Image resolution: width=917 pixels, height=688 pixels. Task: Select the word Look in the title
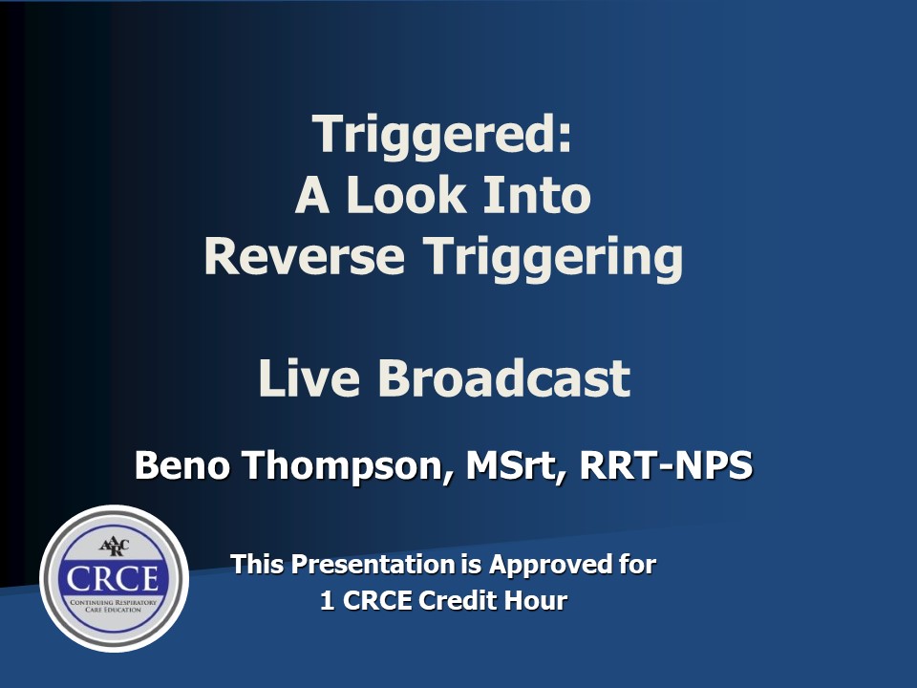406,194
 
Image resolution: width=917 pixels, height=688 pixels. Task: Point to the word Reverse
304,256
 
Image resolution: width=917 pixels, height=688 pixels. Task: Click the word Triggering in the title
553,259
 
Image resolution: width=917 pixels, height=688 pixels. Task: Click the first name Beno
182,465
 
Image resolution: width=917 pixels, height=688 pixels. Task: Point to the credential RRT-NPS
666,465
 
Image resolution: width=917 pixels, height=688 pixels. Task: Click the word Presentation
373,564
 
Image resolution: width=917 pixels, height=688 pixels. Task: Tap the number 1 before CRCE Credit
327,601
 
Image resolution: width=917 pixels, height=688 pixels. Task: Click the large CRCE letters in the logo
113,579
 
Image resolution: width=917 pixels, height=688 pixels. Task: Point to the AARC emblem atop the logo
114,547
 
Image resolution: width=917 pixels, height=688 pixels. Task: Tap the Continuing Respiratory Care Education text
114,606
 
